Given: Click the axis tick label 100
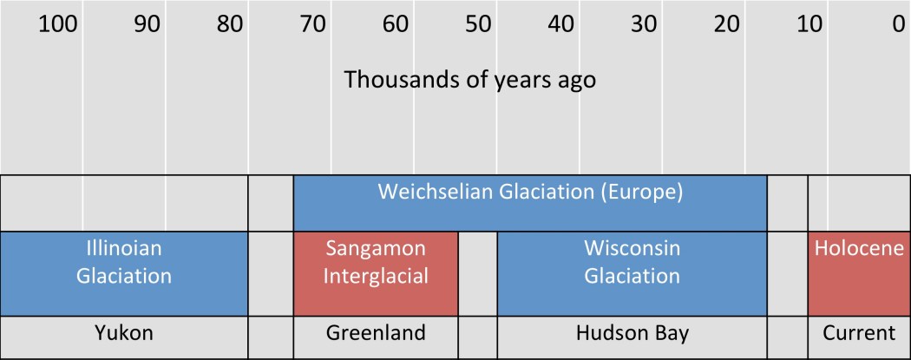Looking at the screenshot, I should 59,24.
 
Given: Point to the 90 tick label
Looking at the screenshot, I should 147,24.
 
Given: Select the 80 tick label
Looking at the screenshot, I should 230,24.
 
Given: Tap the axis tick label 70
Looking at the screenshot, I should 313,24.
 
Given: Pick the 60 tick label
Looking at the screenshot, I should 396,24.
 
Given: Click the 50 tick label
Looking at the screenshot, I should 478,24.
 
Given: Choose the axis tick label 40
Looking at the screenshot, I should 560,24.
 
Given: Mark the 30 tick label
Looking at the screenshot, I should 644,24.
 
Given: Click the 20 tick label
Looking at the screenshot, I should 726,24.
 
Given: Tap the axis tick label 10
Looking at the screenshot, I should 809,24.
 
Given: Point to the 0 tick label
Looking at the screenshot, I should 897,24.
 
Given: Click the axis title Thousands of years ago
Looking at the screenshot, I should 470,80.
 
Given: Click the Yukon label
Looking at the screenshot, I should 124,333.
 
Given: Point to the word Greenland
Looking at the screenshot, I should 376,333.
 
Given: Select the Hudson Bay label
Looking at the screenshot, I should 632,333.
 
